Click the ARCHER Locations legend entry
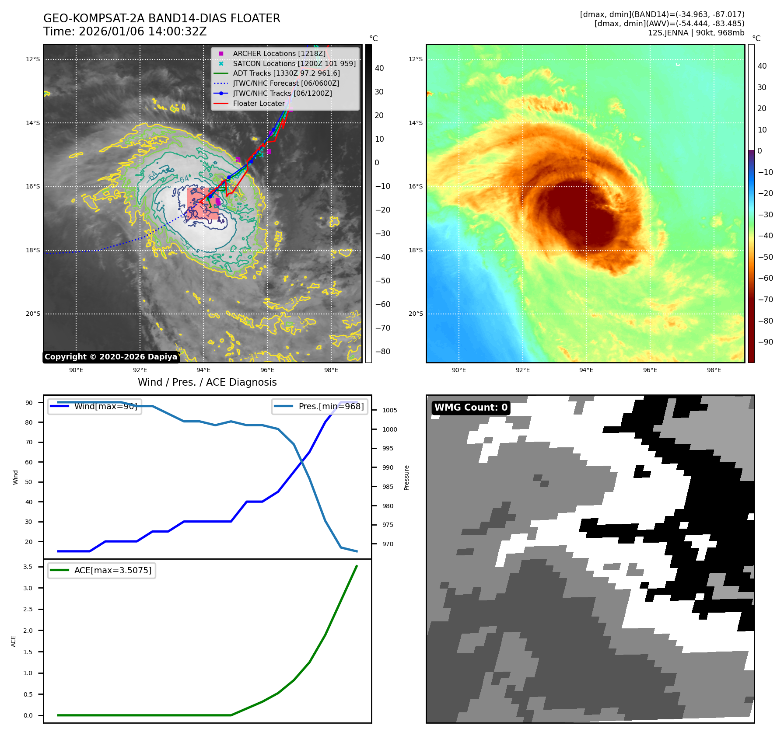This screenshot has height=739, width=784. (x=279, y=53)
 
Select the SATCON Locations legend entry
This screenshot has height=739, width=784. (x=294, y=63)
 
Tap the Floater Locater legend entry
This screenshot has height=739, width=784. (x=259, y=103)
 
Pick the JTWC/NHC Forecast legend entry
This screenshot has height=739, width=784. (x=286, y=83)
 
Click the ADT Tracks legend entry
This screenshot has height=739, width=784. (x=286, y=73)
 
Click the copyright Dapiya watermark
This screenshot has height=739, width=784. (x=111, y=357)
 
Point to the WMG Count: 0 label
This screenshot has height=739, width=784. (x=471, y=408)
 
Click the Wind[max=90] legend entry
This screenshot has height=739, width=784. (x=105, y=406)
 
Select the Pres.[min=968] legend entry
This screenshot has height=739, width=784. (x=331, y=406)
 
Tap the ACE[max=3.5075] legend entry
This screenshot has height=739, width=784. (x=112, y=570)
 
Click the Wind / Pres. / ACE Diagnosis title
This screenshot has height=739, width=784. (x=207, y=382)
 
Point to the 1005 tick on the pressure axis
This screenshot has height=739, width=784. (x=389, y=410)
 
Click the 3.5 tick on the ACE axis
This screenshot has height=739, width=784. (x=28, y=567)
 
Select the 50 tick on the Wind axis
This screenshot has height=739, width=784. (x=29, y=482)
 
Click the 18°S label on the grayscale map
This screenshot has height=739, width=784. (x=33, y=251)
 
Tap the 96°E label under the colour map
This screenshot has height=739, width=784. (x=650, y=370)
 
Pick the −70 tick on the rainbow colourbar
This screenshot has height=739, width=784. (x=765, y=300)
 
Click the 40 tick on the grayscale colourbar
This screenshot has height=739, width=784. (x=379, y=68)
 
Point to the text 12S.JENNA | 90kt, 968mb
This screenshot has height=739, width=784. (x=696, y=33)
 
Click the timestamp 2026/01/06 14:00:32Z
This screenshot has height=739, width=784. (x=143, y=31)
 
